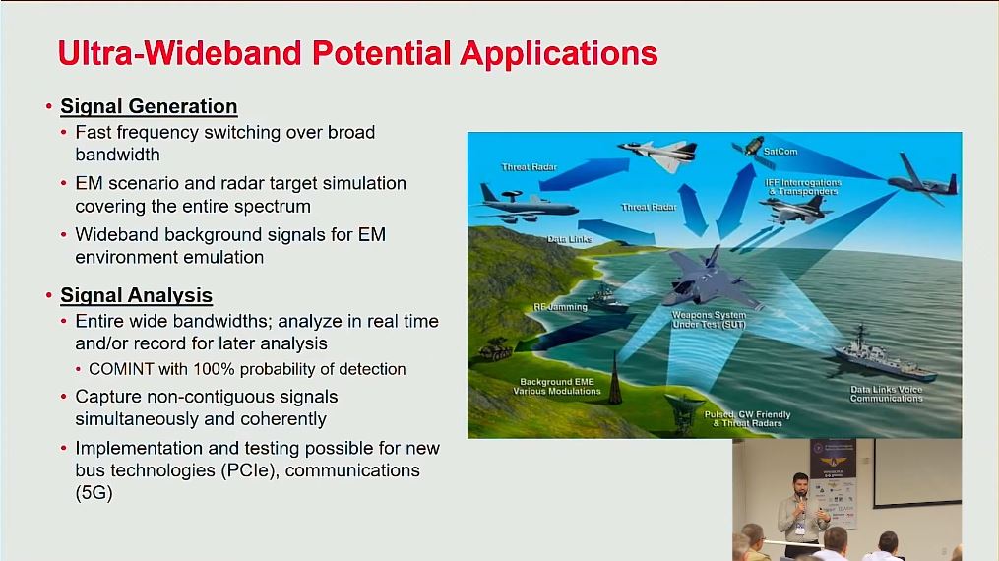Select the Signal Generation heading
(x=149, y=106)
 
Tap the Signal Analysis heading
(x=136, y=295)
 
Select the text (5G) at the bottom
(x=94, y=494)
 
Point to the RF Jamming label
(x=560, y=307)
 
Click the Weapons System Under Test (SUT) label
(x=710, y=320)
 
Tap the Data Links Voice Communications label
(x=886, y=394)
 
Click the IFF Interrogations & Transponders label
(x=802, y=187)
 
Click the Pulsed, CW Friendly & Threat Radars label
(x=747, y=419)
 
